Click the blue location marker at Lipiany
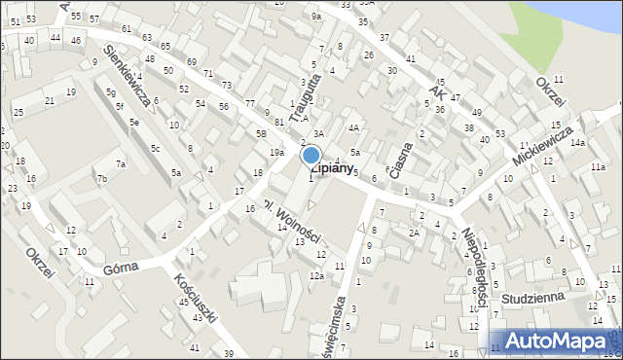pos(311,155)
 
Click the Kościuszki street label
pos(191,298)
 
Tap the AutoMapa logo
pos(556,341)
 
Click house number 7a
pos(121,164)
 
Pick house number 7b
pos(101,179)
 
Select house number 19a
pos(276,153)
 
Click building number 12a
pos(316,276)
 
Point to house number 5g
pos(111,92)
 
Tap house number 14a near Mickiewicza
pos(577,143)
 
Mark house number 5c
pos(156,148)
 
